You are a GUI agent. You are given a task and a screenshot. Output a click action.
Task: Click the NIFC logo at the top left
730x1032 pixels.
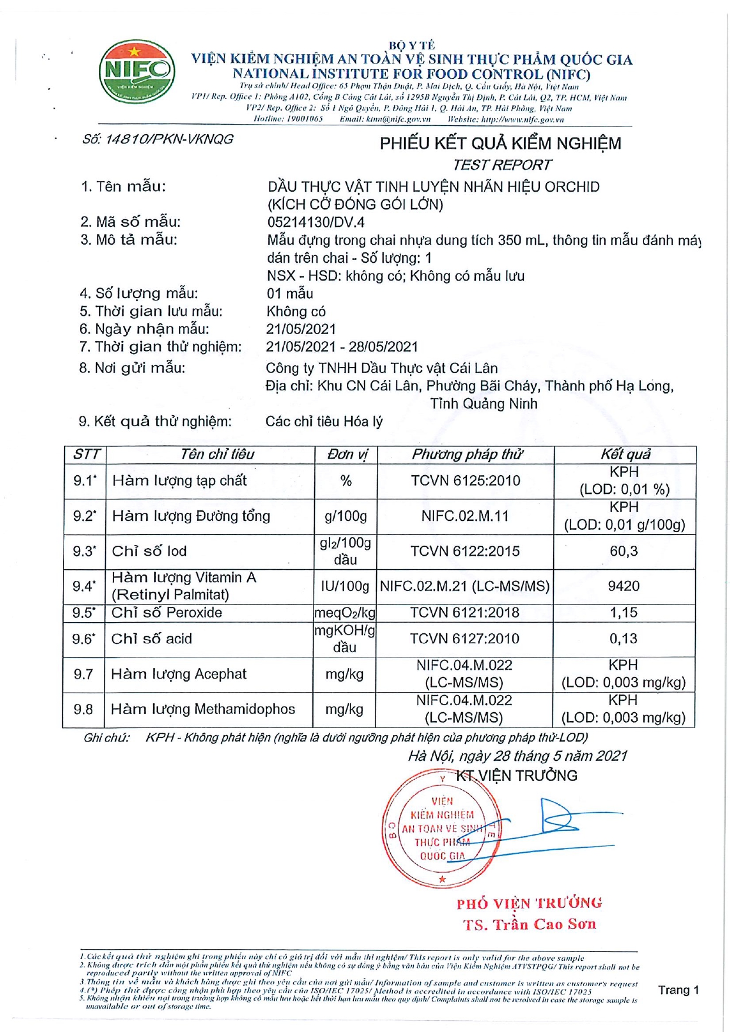click(136, 72)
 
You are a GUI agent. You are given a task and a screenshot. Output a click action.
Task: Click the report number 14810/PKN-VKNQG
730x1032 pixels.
click(158, 139)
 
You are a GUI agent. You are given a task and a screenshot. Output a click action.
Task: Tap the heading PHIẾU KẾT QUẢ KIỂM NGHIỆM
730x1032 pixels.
click(500, 143)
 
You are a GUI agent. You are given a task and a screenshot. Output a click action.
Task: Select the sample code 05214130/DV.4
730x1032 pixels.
click(316, 222)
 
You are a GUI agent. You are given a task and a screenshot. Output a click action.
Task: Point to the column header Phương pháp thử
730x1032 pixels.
click(466, 455)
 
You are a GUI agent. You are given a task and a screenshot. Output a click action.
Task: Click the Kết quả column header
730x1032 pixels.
click(625, 455)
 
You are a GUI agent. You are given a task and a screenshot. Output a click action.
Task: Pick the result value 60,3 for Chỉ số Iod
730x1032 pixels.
click(624, 551)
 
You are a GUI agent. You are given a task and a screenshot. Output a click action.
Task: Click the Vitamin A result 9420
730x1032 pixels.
click(624, 586)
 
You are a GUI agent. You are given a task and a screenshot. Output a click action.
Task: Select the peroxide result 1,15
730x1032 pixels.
click(624, 613)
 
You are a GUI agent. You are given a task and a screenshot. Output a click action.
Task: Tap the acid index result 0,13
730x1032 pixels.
click(624, 639)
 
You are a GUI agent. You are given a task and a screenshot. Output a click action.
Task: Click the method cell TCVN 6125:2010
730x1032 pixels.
click(465, 481)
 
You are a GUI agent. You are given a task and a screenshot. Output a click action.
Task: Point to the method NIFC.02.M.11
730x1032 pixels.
click(465, 516)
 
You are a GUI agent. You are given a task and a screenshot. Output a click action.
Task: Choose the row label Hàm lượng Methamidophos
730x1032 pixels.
click(203, 709)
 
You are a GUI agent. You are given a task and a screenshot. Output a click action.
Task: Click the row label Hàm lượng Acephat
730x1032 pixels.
click(179, 674)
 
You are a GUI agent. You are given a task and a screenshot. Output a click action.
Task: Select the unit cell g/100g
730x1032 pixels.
click(346, 516)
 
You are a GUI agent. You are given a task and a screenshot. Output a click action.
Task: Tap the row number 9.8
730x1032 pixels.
click(84, 709)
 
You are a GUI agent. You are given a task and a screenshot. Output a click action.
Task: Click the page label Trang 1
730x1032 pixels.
click(678, 990)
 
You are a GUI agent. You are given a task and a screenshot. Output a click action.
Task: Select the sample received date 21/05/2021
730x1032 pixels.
click(301, 329)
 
